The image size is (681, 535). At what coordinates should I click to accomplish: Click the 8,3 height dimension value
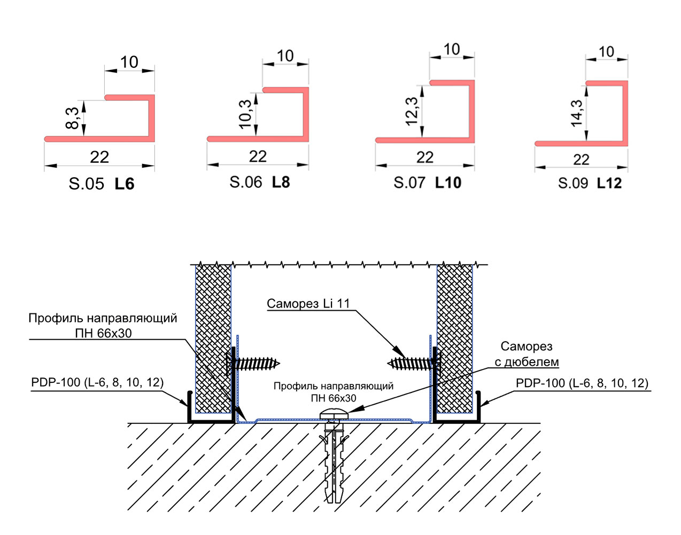pyautogui.click(x=72, y=118)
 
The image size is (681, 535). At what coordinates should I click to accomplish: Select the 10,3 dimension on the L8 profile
pyautogui.click(x=245, y=114)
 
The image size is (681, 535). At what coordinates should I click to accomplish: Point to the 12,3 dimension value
pyautogui.click(x=412, y=112)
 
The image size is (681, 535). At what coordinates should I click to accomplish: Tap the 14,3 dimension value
pyautogui.click(x=576, y=113)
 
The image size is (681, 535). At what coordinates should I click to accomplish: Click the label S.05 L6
pyautogui.click(x=102, y=184)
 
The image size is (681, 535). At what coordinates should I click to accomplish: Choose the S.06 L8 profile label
pyautogui.click(x=260, y=182)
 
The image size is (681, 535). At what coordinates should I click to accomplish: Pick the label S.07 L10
pyautogui.click(x=427, y=183)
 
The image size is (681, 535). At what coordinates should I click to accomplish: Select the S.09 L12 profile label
pyautogui.click(x=590, y=183)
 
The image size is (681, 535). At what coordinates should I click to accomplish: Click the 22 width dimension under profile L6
pyautogui.click(x=99, y=157)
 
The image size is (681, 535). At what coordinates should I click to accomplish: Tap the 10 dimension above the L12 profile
pyautogui.click(x=606, y=52)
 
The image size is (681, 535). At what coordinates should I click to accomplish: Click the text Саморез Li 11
pyautogui.click(x=308, y=304)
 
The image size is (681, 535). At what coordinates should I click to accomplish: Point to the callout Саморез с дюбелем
pyautogui.click(x=527, y=354)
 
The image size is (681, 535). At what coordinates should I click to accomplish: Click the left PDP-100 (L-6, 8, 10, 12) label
pyautogui.click(x=97, y=383)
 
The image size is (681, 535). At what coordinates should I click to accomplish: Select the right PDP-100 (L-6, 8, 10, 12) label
pyautogui.click(x=582, y=383)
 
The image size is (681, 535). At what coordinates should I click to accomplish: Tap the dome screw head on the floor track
pyautogui.click(x=334, y=414)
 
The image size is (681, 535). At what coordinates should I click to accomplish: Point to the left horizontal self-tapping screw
pyautogui.click(x=253, y=364)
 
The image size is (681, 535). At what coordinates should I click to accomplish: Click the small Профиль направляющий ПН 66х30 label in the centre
pyautogui.click(x=334, y=392)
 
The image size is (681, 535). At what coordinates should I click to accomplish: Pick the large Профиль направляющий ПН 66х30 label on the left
pyautogui.click(x=103, y=325)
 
